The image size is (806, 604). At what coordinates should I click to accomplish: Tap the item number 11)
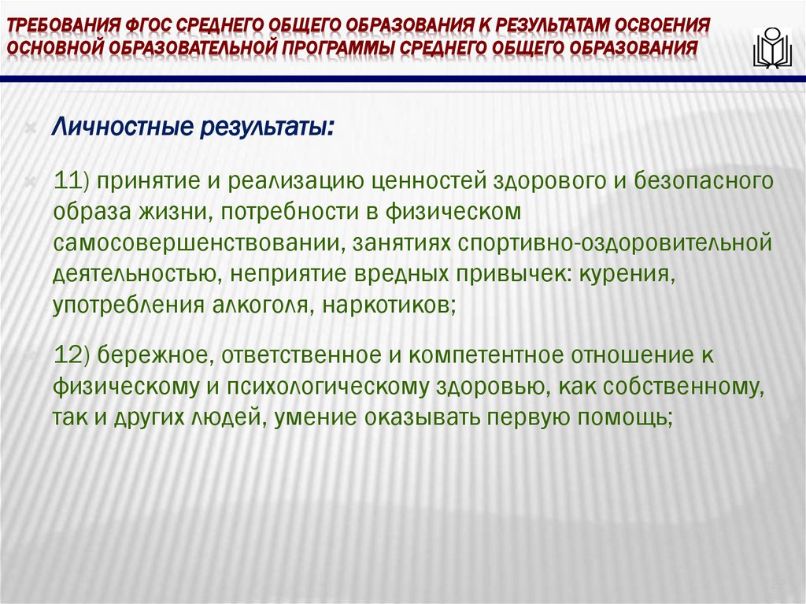pos(73,182)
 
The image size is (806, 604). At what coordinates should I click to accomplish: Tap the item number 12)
pos(74,355)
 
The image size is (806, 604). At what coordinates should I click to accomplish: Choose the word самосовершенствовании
pos(194,244)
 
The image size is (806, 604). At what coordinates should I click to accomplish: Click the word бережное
pos(153,355)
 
